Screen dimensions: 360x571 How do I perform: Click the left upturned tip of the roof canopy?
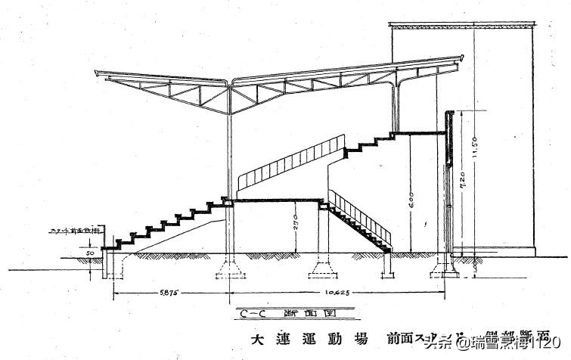tap(97, 73)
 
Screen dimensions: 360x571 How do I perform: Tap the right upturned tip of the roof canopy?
tap(461, 57)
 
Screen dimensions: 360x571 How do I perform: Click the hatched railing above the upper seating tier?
tap(291, 163)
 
